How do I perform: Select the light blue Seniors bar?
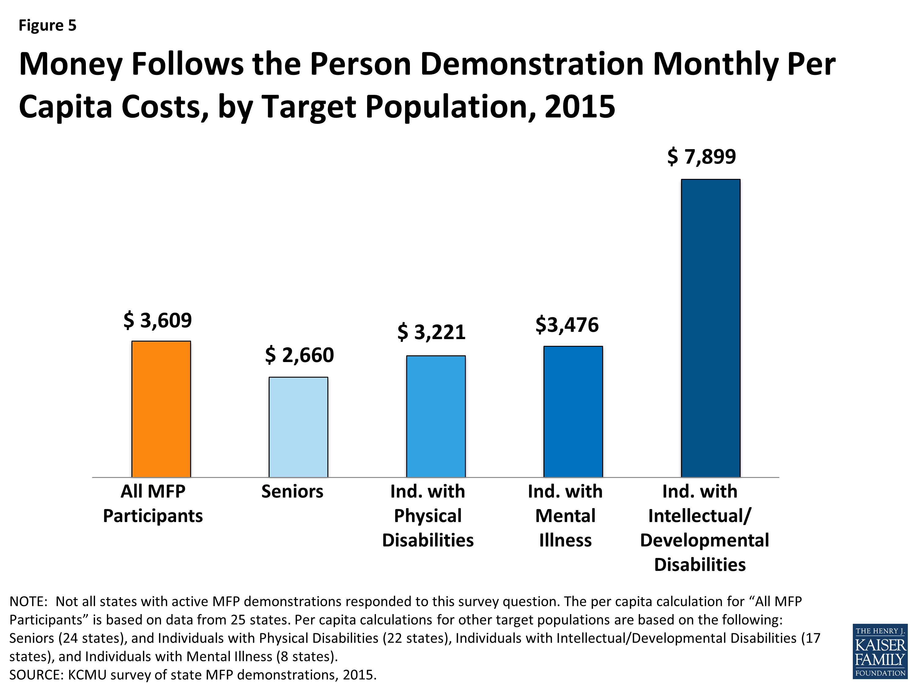coord(298,427)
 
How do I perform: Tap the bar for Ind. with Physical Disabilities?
coord(436,416)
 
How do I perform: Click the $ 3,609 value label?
coord(157,320)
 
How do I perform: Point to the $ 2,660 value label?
coord(299,355)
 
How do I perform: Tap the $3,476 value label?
coord(567,324)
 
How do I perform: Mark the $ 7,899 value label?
coord(702,157)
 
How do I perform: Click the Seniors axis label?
coord(292,491)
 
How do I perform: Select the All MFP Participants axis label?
coord(153,503)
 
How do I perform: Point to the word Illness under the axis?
coord(565,540)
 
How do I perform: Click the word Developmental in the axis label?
coord(704,540)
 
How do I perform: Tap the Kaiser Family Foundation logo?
coord(880,651)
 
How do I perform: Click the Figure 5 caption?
coord(48,26)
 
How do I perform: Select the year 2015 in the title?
coord(580,107)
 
